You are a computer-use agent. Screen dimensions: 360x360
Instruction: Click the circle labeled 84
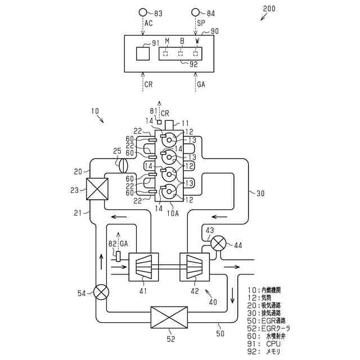click(196, 12)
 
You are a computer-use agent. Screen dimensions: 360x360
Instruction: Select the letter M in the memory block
click(166, 42)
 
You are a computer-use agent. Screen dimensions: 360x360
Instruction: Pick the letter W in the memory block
click(197, 42)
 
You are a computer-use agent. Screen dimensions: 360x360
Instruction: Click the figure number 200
click(273, 8)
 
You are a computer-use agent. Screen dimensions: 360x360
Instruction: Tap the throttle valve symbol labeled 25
click(124, 166)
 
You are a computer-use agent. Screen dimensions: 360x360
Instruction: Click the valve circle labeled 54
click(101, 293)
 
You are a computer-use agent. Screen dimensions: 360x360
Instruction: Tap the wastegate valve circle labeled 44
click(219, 244)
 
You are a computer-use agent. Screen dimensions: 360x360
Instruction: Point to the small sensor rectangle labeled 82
click(119, 255)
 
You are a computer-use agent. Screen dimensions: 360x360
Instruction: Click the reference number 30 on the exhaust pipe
click(260, 193)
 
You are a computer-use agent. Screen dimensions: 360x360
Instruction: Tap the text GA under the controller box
click(201, 84)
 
